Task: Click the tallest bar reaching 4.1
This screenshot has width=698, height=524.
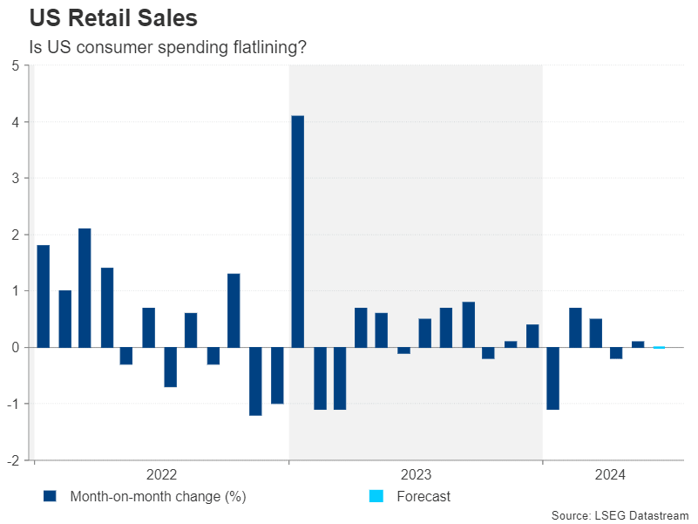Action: pyautogui.click(x=297, y=231)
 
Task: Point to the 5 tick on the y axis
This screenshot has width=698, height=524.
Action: pyautogui.click(x=16, y=66)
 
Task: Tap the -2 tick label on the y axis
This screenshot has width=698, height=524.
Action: pyautogui.click(x=13, y=460)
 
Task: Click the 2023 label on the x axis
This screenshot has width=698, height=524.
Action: pyautogui.click(x=416, y=475)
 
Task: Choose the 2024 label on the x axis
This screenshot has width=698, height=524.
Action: pyautogui.click(x=610, y=475)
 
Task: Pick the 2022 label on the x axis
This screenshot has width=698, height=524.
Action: pyautogui.click(x=161, y=475)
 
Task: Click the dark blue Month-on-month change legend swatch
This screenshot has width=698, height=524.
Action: pyautogui.click(x=50, y=497)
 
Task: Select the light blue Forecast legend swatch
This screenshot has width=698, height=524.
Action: pyautogui.click(x=376, y=497)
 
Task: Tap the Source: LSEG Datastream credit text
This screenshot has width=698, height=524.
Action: pyautogui.click(x=620, y=515)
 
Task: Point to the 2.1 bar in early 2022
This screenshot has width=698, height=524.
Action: pyautogui.click(x=85, y=288)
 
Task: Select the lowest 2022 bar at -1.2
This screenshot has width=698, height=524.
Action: pyautogui.click(x=255, y=381)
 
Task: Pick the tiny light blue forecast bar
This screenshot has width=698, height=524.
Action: pyautogui.click(x=660, y=348)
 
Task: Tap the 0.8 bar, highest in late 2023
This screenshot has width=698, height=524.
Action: pyautogui.click(x=468, y=324)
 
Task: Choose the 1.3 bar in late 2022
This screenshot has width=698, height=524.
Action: pyautogui.click(x=234, y=310)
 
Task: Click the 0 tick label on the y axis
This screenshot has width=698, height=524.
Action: pyautogui.click(x=16, y=347)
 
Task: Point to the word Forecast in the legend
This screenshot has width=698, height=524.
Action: pyautogui.click(x=424, y=497)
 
